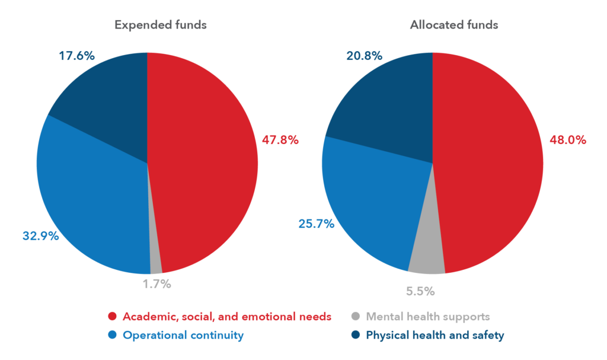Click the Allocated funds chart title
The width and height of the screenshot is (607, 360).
[x=453, y=25]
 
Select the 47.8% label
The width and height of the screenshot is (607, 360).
[x=280, y=141]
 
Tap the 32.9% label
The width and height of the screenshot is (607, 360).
[x=40, y=235]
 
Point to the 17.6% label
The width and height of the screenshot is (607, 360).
[x=76, y=56]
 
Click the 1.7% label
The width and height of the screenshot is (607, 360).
[x=156, y=284]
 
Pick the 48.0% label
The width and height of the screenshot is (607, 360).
[x=568, y=141]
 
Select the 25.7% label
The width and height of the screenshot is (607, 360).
[x=315, y=224]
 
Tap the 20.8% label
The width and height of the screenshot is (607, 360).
[x=364, y=56]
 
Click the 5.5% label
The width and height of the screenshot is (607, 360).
[x=420, y=291]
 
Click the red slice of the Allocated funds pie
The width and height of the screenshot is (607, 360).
[x=492, y=166]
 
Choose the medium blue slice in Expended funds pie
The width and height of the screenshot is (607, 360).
[x=89, y=202]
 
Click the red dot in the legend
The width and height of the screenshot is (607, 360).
[x=112, y=316]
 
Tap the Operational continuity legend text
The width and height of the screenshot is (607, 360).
[x=183, y=335]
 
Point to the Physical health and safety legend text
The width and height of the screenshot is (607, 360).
[x=435, y=335]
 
